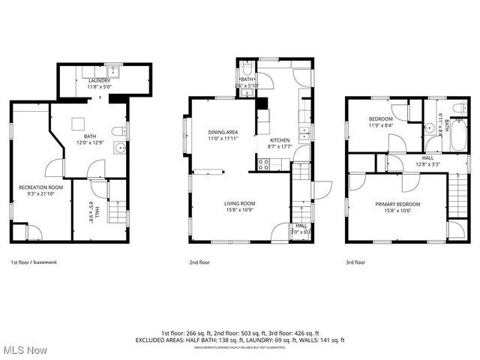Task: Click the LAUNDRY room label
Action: click(x=99, y=80)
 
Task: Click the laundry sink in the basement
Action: click(x=112, y=72)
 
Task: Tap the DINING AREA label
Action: click(x=223, y=132)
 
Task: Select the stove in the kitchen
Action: click(x=264, y=165)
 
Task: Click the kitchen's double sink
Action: click(x=305, y=134)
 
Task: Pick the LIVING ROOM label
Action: click(x=239, y=203)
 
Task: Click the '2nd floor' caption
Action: click(x=199, y=262)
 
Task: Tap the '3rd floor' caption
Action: click(x=355, y=262)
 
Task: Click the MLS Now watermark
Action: click(x=24, y=350)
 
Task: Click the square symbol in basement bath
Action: click(x=77, y=124)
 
